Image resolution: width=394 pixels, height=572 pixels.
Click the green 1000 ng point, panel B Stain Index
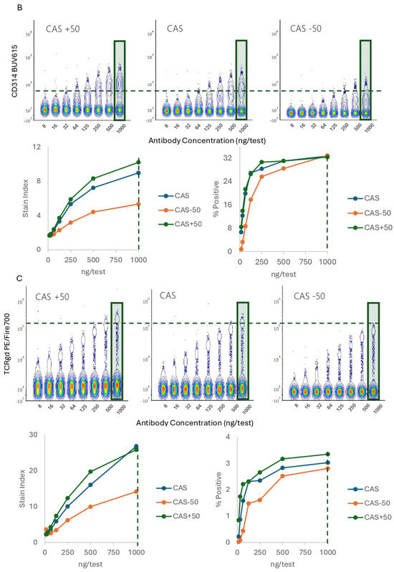138,163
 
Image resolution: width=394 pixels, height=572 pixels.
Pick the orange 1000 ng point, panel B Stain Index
138,204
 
